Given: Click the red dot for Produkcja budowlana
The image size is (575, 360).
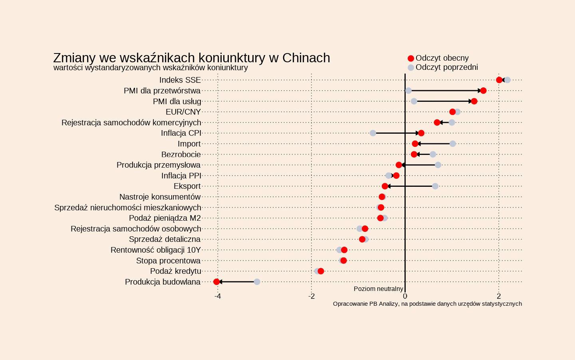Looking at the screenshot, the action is pos(217,282).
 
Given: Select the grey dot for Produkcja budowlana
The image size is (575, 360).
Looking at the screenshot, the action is pos(257,282).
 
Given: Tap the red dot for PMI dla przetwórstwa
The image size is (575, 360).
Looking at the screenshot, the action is pos(483,91).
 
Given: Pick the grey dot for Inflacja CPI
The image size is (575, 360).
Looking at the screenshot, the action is pos(373,133).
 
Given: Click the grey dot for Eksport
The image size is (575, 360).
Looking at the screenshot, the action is pos(435,186).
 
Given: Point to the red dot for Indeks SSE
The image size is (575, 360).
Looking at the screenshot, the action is pos(499,80).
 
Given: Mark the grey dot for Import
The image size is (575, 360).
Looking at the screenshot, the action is pos(453,144).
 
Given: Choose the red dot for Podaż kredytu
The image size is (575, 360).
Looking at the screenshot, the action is pos(321,271).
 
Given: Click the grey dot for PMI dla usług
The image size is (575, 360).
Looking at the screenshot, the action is pos(414,101).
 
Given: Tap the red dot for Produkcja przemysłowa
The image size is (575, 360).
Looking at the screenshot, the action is pos(399,165).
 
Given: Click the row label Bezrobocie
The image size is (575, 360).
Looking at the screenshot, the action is pos(181,154).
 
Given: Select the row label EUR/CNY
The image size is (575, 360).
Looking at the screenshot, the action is pos(183,112).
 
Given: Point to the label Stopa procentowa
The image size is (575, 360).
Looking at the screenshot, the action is pos(168,261).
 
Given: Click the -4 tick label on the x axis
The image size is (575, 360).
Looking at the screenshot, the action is pos(218,297).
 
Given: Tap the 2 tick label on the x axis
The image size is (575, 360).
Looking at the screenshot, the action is pos(499,297).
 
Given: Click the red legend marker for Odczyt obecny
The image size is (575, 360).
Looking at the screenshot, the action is pos(411,59).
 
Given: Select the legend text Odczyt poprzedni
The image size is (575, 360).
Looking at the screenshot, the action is pos(447,67).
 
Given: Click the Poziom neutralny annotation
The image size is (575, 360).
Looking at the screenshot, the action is pos(379,289).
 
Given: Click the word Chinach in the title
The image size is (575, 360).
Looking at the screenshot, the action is pos(306,58).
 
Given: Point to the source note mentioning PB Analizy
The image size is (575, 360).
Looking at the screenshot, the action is pos(427,304).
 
